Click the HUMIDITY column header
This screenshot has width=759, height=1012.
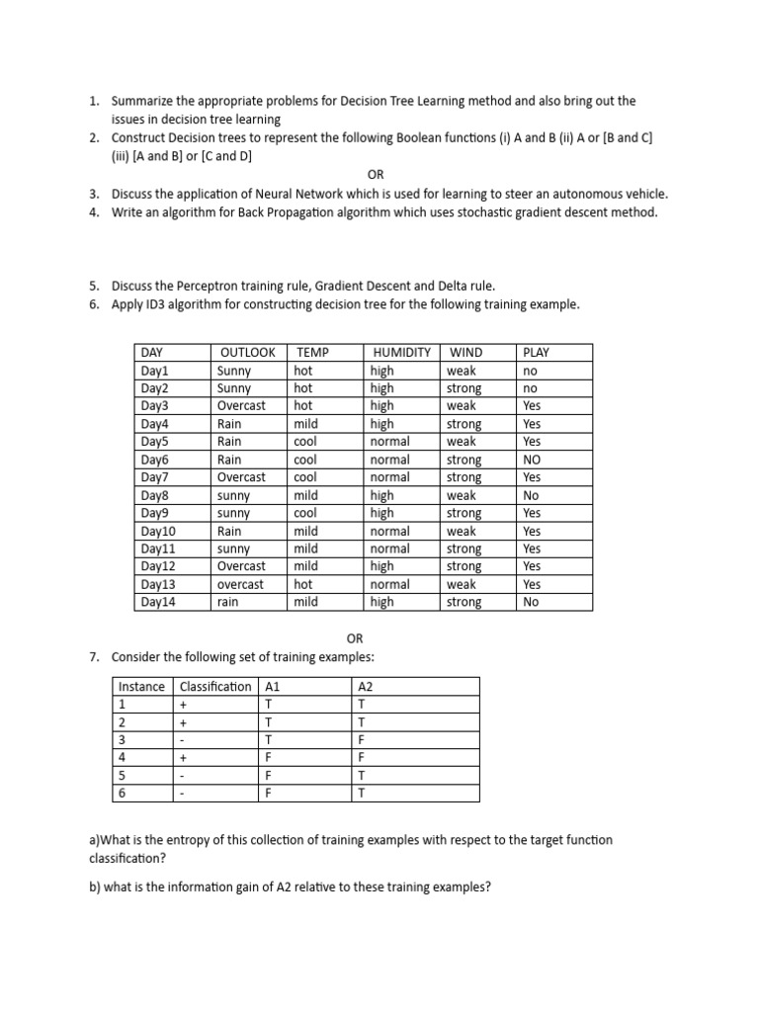click(401, 353)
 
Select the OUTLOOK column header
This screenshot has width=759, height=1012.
click(247, 353)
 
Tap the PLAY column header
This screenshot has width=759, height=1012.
click(536, 353)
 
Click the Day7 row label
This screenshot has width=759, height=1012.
click(155, 477)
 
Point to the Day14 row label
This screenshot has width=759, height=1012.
click(158, 602)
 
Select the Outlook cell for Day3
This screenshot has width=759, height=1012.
click(241, 406)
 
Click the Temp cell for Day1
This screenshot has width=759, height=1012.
click(302, 371)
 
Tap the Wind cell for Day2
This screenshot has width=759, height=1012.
click(464, 388)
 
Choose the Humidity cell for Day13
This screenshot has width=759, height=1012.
click(389, 584)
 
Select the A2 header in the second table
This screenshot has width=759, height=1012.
click(365, 687)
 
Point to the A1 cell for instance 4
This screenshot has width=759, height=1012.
click(269, 757)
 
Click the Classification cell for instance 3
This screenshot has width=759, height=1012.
click(182, 739)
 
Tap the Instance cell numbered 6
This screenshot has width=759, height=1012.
click(122, 793)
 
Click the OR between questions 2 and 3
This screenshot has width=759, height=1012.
click(376, 174)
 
